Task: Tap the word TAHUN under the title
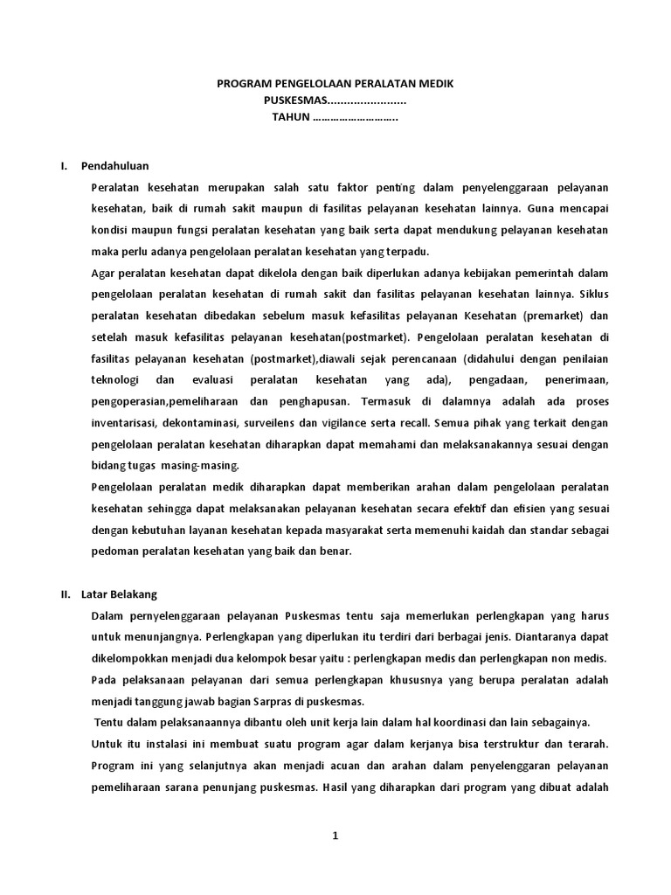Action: [291, 118]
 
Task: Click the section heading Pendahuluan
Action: [115, 165]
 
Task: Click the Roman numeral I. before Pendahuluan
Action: [64, 165]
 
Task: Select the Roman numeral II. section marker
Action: [66, 593]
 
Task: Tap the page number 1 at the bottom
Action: [335, 836]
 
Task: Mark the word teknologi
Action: [116, 380]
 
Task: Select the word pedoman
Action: [114, 552]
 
